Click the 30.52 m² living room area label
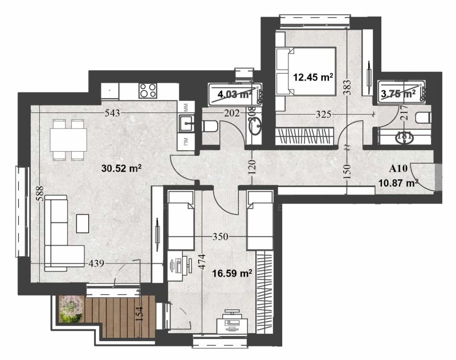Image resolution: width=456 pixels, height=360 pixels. click(121, 168)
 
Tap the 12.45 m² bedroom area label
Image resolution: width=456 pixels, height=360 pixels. click(313, 77)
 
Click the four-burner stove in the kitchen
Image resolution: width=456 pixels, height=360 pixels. click(148, 91)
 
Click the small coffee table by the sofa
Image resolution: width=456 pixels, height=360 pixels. click(83, 223)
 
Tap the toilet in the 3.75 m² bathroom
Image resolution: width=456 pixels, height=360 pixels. click(422, 119)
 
